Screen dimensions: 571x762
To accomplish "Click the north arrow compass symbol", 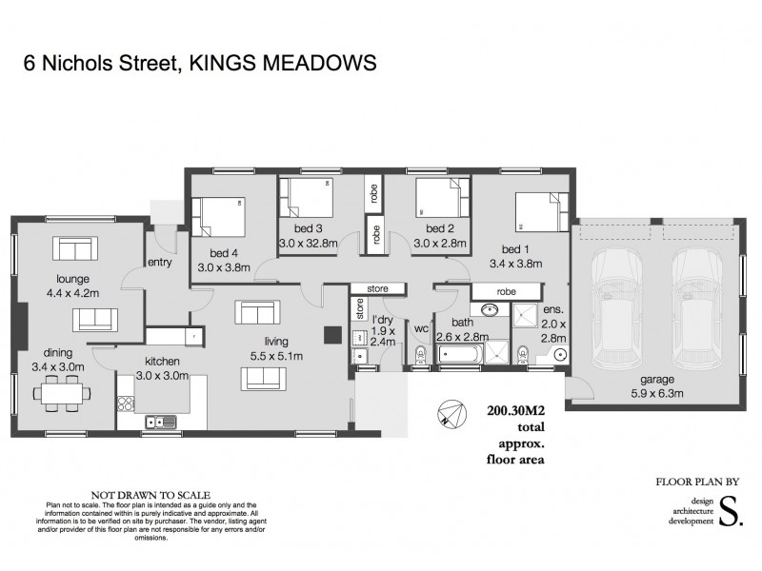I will (x=451, y=414).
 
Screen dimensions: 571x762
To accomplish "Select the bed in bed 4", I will (x=218, y=217).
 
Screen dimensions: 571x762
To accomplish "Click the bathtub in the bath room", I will (x=461, y=356).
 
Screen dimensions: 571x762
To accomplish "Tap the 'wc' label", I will (x=419, y=329).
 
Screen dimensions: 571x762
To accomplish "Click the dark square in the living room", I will (x=332, y=335).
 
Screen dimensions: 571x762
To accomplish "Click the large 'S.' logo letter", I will (x=730, y=510).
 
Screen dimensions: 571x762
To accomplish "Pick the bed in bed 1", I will (x=542, y=211).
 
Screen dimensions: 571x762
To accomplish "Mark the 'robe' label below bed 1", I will (x=506, y=291).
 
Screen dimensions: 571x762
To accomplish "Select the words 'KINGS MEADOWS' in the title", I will (x=283, y=63).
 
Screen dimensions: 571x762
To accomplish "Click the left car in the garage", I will (x=616, y=311).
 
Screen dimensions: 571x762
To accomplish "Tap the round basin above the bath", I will (x=489, y=311).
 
